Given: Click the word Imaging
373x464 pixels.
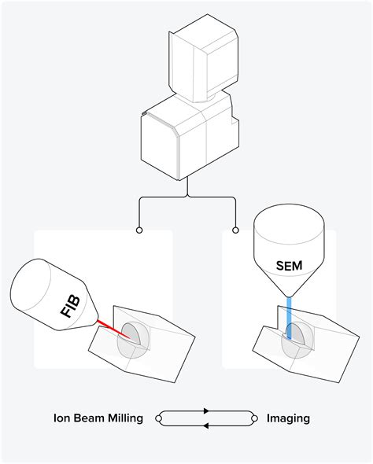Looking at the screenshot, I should (x=288, y=418).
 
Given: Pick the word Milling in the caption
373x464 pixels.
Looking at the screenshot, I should (x=124, y=418).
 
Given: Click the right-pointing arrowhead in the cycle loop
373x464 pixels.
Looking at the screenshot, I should (x=206, y=411).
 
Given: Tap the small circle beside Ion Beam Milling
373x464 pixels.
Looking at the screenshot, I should (x=160, y=418).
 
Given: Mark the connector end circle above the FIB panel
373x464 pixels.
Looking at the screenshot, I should (x=139, y=230).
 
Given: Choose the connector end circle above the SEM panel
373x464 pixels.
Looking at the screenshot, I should (x=235, y=230).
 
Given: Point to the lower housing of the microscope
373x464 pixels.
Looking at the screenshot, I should (x=185, y=138).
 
